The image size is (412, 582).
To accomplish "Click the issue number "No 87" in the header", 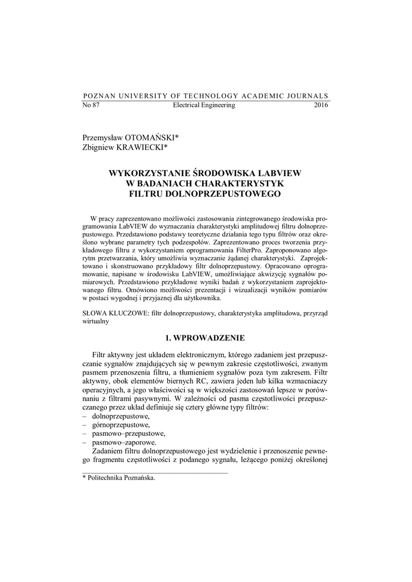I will click(91, 105).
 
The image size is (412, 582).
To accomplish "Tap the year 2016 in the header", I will click(321, 105).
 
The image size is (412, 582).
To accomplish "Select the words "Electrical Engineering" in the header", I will click(203, 105).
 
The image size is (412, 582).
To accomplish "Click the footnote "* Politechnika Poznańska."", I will click(119, 478).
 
